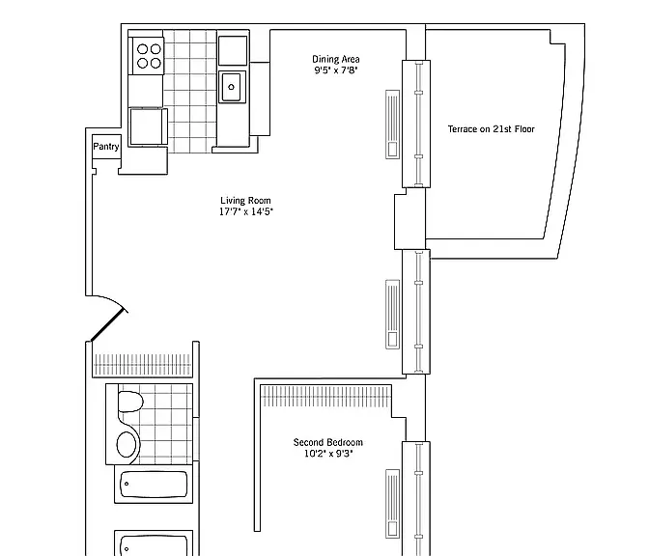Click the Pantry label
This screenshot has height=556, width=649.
point(106,147)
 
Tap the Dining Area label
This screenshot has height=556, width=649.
point(336,59)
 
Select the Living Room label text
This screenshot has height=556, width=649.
point(245,201)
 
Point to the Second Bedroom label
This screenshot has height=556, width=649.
point(327,442)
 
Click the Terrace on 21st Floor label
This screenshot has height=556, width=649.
point(492,129)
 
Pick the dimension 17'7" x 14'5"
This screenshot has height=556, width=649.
point(246,211)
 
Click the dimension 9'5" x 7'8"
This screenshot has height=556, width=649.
point(336,70)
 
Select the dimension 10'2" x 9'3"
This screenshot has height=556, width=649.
point(328,454)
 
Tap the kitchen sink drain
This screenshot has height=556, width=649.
point(232,87)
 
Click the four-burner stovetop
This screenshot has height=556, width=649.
point(149,56)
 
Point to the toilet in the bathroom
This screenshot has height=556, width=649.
point(130,402)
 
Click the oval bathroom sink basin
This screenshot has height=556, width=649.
point(127,445)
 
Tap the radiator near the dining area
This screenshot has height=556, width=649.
point(393,125)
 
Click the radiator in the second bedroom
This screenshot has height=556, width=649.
point(393,504)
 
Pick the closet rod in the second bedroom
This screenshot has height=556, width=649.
point(325,396)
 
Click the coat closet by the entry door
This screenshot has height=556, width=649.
point(143,365)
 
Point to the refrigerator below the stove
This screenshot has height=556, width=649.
point(148,127)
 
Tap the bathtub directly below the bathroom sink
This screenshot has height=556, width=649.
point(154,484)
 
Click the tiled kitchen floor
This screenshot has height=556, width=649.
point(190,91)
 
